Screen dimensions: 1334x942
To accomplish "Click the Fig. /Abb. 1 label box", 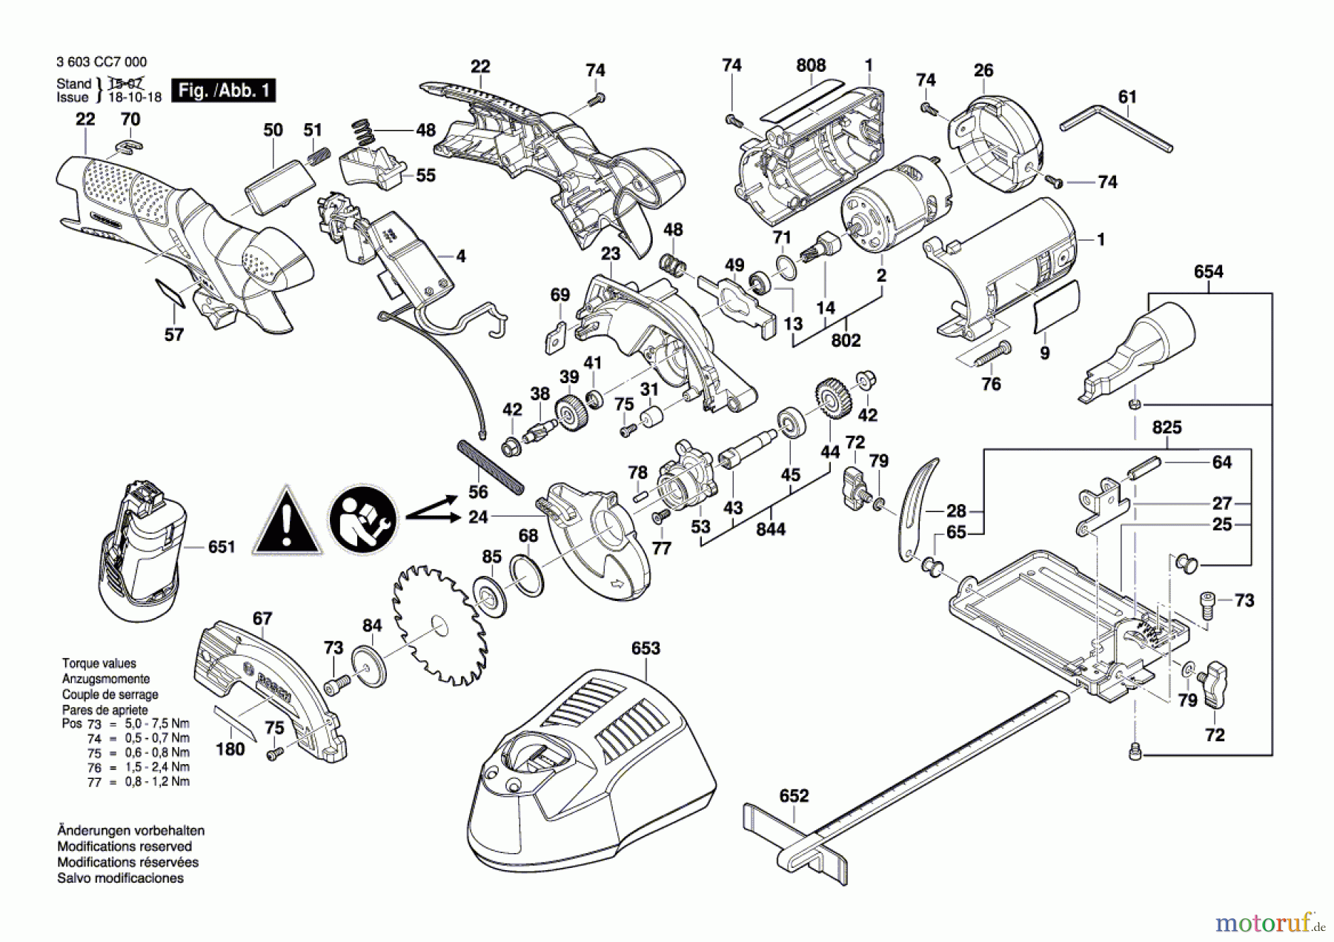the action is point(223,90).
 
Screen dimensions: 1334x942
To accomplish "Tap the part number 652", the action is point(794,796).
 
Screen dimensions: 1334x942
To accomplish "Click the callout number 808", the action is point(811,65).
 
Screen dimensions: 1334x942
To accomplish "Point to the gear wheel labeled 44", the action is point(833,399).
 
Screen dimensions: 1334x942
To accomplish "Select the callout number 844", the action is point(771,529).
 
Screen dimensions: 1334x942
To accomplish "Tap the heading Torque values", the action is point(99,663).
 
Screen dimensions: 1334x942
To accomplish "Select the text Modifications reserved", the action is point(125,846).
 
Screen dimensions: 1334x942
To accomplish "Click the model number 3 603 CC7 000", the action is point(102,62).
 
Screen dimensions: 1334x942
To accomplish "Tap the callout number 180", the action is point(230,749).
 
